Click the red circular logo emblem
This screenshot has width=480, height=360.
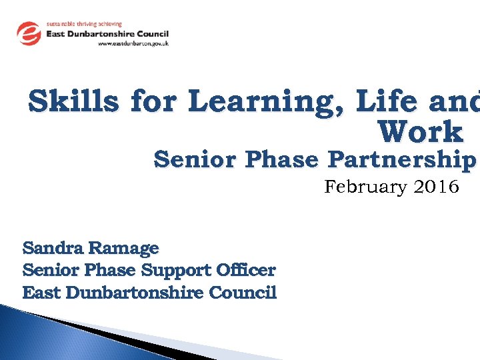pyautogui.click(x=29, y=33)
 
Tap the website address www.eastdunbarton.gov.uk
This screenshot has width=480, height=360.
pyautogui.click(x=133, y=43)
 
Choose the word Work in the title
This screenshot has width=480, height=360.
pyautogui.click(x=420, y=132)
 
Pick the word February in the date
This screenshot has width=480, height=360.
pyautogui.click(x=364, y=187)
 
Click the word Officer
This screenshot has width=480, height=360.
pyautogui.click(x=246, y=270)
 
